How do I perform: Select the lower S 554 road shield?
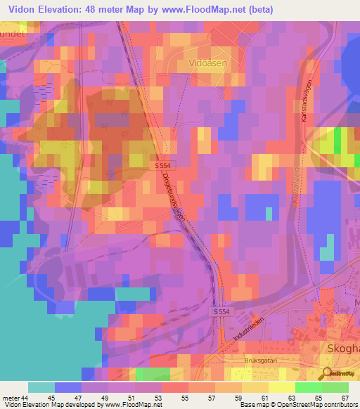(222, 310)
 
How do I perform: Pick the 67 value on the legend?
(344, 398)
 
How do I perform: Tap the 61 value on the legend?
(264, 398)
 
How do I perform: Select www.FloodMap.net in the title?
(200, 10)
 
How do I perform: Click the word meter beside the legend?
(11, 398)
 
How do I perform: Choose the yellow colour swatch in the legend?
(281, 387)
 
